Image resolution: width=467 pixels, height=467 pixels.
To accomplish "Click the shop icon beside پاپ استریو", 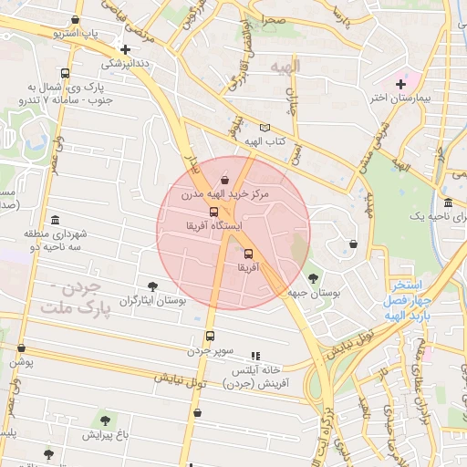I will point(75,19).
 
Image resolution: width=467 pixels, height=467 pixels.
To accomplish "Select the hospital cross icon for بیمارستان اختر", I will point(400,84).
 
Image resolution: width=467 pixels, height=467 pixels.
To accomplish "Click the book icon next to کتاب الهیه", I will point(265,128).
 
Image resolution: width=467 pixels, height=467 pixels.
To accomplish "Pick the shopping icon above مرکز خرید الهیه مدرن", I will point(224,180).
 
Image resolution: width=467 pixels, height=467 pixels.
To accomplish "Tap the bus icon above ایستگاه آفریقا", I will point(213,212).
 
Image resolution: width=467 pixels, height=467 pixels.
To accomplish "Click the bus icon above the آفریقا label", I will point(248,254).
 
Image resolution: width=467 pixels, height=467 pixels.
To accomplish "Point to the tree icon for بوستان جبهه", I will point(314,278).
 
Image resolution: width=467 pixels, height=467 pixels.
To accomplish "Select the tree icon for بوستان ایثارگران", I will point(152,286).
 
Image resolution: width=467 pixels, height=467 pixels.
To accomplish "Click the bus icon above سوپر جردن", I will point(211,337).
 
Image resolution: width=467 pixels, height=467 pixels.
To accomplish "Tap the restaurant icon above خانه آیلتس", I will point(255,356).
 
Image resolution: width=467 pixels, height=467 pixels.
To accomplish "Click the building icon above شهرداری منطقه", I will point(56,220).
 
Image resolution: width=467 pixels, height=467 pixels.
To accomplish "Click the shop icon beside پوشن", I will point(21,348).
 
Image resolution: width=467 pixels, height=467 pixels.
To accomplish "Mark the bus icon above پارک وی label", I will point(65,74).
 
